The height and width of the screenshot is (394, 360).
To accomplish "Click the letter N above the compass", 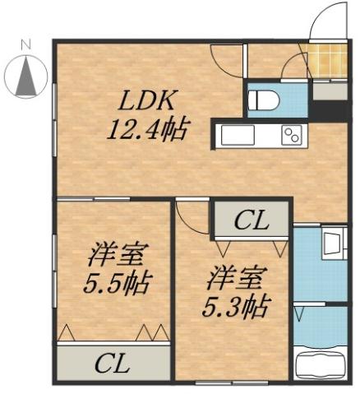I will click(x=25, y=42).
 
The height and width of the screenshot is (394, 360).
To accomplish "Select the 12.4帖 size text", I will click(x=148, y=129).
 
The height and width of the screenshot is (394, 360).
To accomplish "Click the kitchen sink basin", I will click(x=237, y=135).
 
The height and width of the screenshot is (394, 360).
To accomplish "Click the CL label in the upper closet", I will click(x=250, y=220).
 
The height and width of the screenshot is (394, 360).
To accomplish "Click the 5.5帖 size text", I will click(x=116, y=284).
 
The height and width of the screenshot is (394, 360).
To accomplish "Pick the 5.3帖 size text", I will click(x=235, y=306).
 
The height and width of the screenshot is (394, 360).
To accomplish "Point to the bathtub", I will click(x=321, y=364).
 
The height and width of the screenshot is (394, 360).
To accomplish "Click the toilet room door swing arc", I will click(x=293, y=70).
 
